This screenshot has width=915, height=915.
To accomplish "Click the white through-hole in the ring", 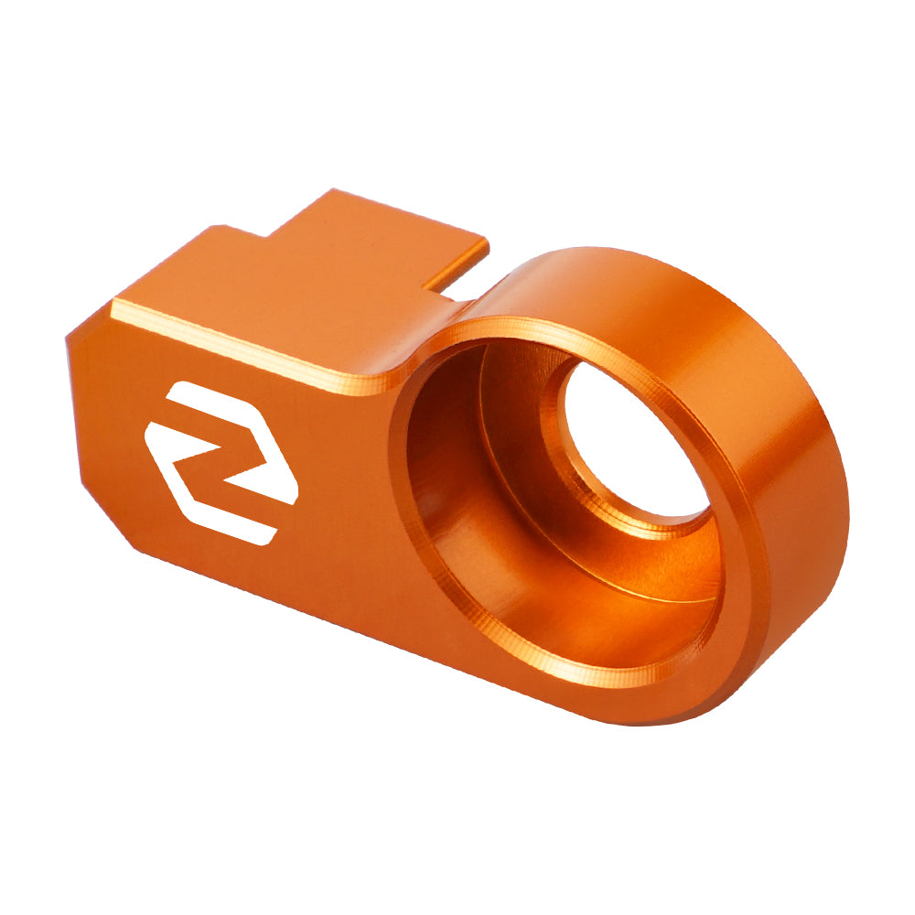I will point(631,439).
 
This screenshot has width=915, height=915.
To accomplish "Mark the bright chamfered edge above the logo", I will point(238,343).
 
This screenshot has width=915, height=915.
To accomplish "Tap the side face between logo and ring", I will point(348,512).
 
